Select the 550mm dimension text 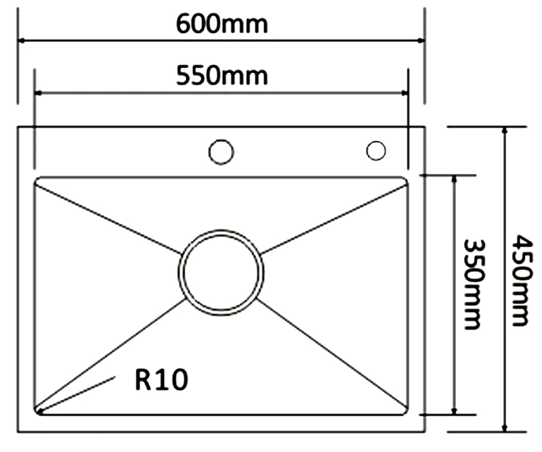coord(222,75)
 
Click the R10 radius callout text coord(161,380)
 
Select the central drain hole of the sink coord(222,272)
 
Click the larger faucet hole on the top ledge coord(221,152)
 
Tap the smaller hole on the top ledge coord(375,150)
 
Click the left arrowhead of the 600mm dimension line coord(22,41)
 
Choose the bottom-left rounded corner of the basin coord(39,410)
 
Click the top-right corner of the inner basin coord(404,181)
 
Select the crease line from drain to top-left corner coord(108,216)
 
